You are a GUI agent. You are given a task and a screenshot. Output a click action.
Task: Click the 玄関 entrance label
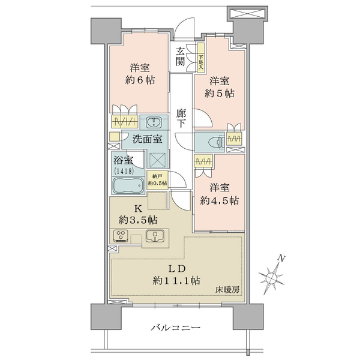(180, 56)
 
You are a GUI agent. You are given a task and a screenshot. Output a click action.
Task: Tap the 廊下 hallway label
(181, 118)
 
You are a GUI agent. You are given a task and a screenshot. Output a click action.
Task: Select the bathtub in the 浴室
(128, 185)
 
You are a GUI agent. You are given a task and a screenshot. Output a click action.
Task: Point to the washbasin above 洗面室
(154, 122)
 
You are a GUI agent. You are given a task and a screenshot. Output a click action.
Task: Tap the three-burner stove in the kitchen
(121, 236)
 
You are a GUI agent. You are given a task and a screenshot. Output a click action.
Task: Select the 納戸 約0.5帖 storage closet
(157, 180)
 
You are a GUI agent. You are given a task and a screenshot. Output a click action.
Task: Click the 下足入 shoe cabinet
(201, 58)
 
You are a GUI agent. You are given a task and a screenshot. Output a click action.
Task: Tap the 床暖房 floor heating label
(227, 290)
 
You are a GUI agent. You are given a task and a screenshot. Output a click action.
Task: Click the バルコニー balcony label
(175, 328)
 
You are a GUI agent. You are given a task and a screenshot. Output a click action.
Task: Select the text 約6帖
(140, 80)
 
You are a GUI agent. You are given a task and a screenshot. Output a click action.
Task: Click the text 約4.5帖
(219, 201)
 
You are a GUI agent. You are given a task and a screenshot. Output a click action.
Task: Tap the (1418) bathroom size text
(124, 171)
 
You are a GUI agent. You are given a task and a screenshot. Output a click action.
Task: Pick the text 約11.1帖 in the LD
(176, 281)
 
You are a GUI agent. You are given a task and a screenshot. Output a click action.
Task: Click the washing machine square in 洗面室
(157, 160)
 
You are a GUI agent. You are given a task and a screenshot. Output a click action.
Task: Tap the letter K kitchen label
(138, 209)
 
